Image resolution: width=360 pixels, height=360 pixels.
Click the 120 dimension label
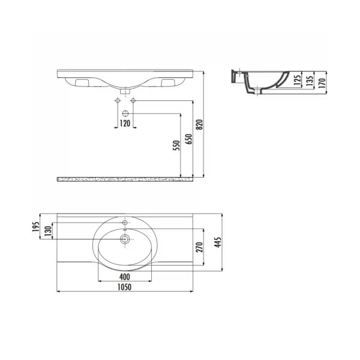(x=125, y=123)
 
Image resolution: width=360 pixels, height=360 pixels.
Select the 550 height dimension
(x=176, y=146)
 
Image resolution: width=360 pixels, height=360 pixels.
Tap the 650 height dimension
(x=188, y=140)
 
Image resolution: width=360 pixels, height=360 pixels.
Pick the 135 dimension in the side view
(x=311, y=80)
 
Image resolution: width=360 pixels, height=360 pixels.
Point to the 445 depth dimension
(x=218, y=242)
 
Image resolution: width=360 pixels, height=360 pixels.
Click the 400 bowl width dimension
(x=125, y=277)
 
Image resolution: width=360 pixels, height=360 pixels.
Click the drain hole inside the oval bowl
(x=125, y=239)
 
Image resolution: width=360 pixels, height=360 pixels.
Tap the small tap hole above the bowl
(x=125, y=223)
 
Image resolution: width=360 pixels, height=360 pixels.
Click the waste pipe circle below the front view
(x=125, y=113)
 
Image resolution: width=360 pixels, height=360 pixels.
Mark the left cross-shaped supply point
(x=116, y=100)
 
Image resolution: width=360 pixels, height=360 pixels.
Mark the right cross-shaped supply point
(x=134, y=100)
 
